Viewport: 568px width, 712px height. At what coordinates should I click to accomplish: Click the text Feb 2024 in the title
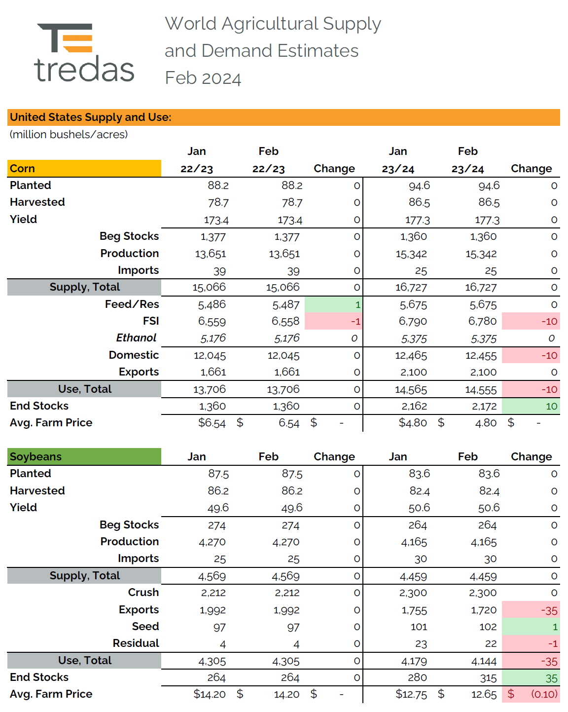click(203, 78)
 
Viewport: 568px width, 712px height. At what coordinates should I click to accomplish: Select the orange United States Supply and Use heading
click(91, 117)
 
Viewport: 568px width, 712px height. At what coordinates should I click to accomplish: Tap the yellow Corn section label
click(23, 169)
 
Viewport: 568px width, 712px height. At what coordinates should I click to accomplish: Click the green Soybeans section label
click(35, 457)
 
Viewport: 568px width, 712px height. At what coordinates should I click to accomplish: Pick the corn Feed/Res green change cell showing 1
click(334, 304)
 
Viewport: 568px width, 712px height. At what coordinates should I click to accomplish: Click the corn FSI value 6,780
click(482, 322)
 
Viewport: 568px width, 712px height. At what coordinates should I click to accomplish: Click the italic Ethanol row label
click(136, 338)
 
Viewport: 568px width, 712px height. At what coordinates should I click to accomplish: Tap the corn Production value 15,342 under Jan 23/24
click(411, 254)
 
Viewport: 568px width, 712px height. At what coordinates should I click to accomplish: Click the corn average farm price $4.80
click(413, 423)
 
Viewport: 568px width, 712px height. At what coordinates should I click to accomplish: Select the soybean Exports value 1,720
click(484, 610)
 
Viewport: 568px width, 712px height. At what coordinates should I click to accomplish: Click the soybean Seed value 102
click(488, 627)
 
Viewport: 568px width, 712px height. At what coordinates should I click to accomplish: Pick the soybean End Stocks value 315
click(488, 678)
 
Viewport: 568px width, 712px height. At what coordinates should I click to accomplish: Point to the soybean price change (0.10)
click(544, 694)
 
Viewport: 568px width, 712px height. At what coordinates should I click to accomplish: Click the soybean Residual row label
click(136, 643)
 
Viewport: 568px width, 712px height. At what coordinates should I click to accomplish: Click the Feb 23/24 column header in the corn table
click(467, 169)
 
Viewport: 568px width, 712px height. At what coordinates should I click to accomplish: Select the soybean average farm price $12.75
click(411, 695)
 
